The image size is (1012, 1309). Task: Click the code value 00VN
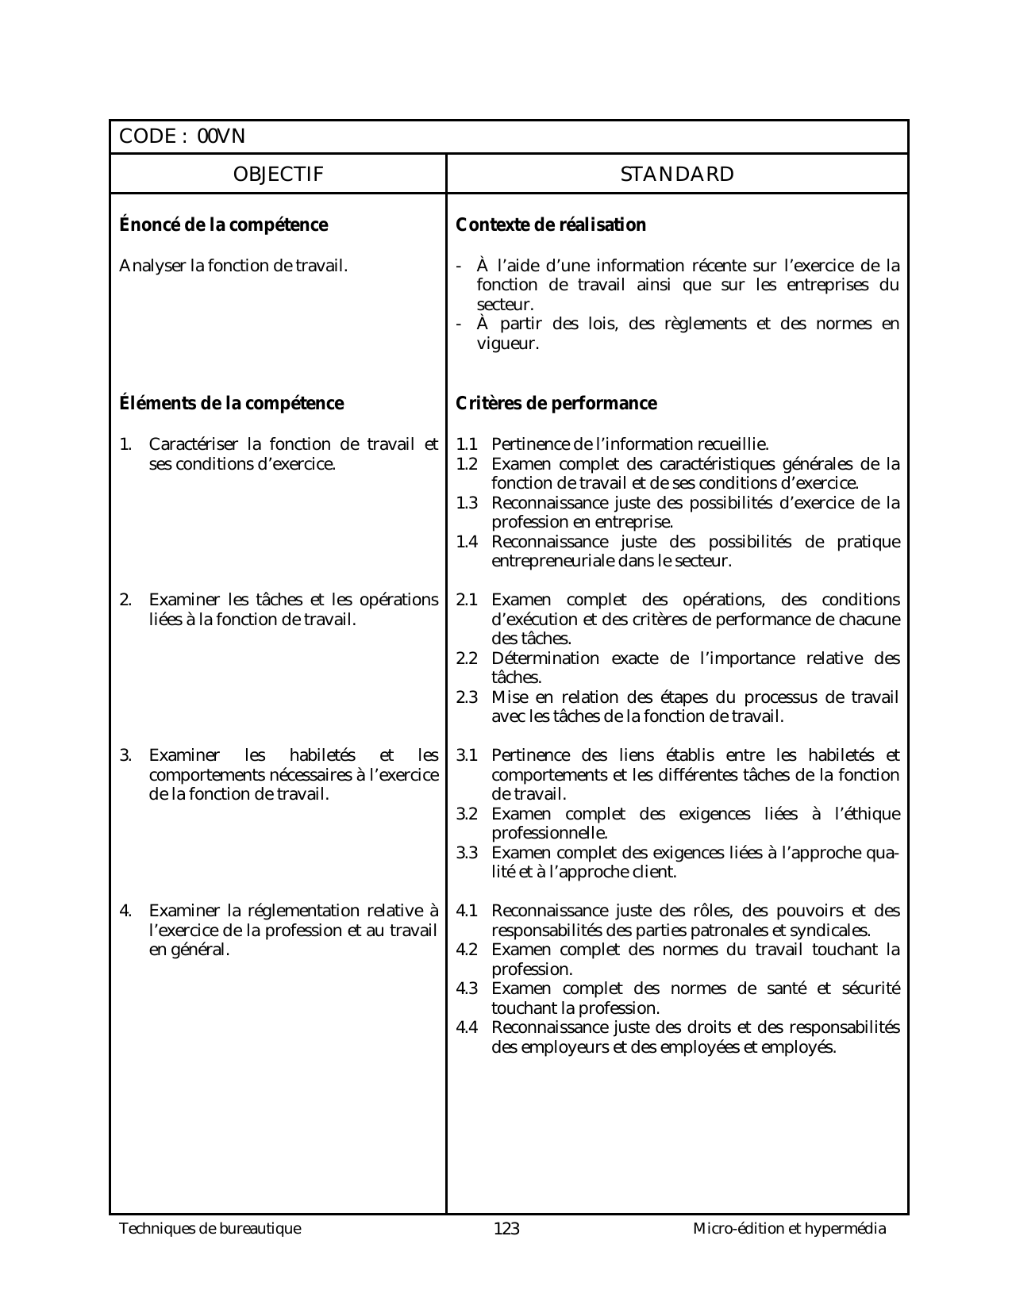tap(221, 136)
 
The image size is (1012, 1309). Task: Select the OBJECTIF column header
tap(278, 174)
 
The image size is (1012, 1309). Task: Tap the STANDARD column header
tap(677, 174)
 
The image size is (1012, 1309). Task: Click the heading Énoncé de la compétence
tap(223, 225)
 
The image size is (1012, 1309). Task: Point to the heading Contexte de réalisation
tap(551, 225)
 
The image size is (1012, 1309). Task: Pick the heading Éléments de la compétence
tap(231, 403)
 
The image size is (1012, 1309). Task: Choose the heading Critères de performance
tap(556, 403)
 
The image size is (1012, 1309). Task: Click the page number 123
tap(506, 1229)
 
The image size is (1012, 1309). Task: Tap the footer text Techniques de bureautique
tap(210, 1229)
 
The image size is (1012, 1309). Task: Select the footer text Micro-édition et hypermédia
tap(789, 1229)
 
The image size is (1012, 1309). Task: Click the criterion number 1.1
tap(467, 444)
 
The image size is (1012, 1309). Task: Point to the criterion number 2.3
tap(467, 697)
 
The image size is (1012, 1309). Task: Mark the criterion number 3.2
tap(467, 814)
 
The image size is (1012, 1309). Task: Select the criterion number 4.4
tap(467, 1027)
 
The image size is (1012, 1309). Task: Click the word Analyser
tap(152, 266)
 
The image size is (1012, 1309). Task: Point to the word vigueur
tap(507, 344)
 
